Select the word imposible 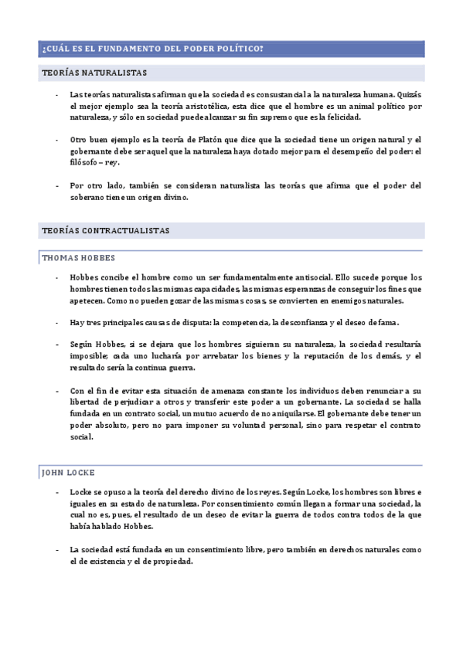pyautogui.click(x=89, y=355)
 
